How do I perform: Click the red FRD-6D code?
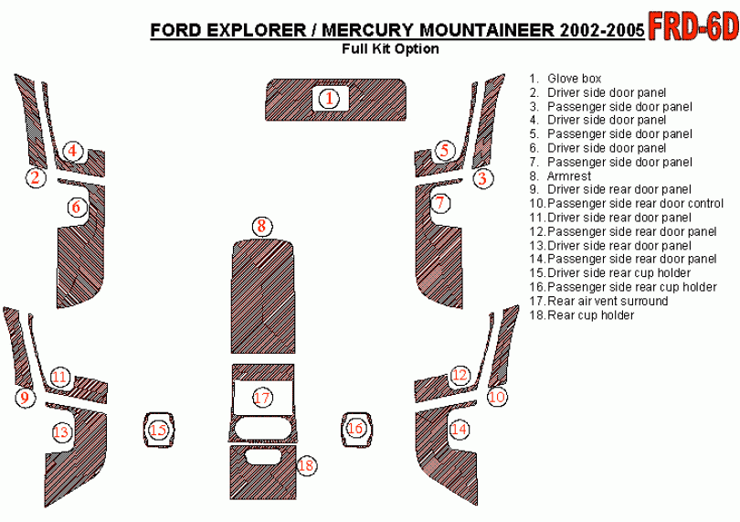tap(693, 26)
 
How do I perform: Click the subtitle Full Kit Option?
tap(390, 48)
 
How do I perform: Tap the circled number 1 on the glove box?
tap(329, 99)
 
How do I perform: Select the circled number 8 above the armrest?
tap(262, 227)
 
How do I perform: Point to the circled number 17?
tap(262, 398)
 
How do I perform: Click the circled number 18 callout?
tap(306, 466)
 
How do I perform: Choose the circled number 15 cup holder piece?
tap(159, 430)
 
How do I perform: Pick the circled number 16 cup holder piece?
tap(355, 429)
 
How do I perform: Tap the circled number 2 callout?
tap(36, 177)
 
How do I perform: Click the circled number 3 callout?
tap(482, 178)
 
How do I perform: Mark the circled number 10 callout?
tap(497, 397)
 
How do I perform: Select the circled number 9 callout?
tap(25, 398)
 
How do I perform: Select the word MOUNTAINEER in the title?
tap(487, 30)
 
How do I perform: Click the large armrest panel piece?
tap(263, 296)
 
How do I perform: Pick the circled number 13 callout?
tap(61, 431)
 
